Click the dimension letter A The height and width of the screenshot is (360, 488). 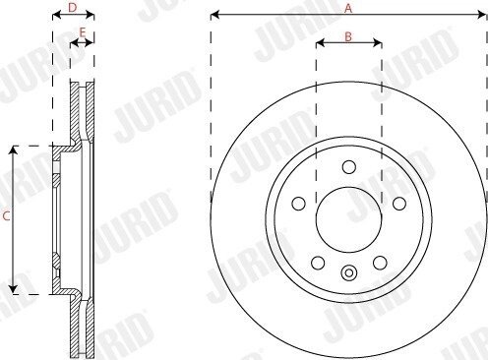[348, 8]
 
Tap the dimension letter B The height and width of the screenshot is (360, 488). [348, 36]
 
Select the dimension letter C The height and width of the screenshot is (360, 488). [6, 216]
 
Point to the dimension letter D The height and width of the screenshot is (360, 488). [72, 8]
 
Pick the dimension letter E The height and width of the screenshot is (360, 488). [83, 32]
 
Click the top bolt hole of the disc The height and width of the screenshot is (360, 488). [349, 167]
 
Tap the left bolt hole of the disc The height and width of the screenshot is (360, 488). [298, 204]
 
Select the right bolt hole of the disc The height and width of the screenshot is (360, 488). [399, 204]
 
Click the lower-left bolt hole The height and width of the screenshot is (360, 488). [318, 263]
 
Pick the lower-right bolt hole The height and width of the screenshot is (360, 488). [380, 263]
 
